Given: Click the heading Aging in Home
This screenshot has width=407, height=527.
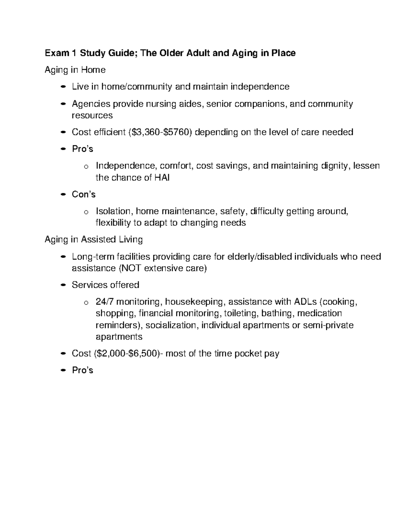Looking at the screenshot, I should coord(75,70).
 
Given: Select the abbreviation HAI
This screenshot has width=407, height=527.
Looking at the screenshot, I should coord(162,177).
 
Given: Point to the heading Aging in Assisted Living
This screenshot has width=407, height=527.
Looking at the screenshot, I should coord(94,240).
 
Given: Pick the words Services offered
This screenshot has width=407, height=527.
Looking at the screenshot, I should coord(105,285).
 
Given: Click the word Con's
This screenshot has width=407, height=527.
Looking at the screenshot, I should coord(83,194).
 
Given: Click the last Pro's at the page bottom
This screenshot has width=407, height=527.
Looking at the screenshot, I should coord(82,370).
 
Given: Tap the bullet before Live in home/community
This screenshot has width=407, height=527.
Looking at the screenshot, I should coord(62,87).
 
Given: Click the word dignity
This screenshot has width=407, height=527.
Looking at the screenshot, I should coord(334,166).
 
